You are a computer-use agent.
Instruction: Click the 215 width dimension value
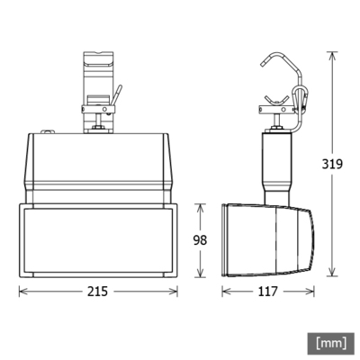click(x=100, y=292)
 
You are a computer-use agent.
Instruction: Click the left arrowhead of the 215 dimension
click(x=22, y=292)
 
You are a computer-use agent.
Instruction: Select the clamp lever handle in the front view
click(x=116, y=93)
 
